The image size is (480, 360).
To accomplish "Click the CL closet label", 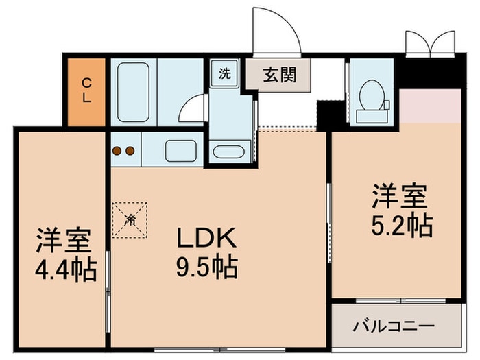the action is [x=86, y=91].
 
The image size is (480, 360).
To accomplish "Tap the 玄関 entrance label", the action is [x=280, y=74].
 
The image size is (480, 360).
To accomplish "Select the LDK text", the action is [x=206, y=237].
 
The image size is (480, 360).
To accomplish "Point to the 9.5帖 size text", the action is [x=207, y=267].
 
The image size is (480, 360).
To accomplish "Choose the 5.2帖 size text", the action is [x=402, y=226].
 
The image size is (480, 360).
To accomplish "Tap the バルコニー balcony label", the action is [x=394, y=326].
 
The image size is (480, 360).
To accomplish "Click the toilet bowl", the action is [x=372, y=95].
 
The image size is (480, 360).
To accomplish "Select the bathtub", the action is [x=133, y=92].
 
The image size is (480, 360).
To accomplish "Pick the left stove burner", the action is [x=117, y=151].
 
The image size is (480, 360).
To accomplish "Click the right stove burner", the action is [x=130, y=151].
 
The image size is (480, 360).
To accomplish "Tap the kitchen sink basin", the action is [x=180, y=151].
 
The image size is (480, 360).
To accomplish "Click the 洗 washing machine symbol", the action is [x=224, y=73].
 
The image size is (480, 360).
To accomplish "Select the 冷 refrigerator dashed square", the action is [x=130, y=220].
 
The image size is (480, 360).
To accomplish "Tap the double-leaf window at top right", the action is [x=430, y=44].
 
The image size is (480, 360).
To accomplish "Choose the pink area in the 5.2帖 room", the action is [x=430, y=106].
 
